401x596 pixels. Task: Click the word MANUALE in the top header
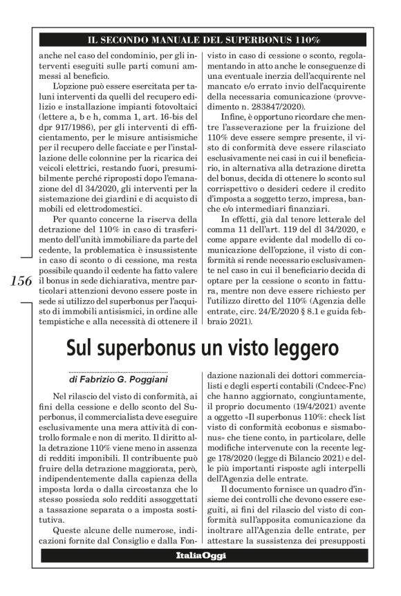click(181, 35)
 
